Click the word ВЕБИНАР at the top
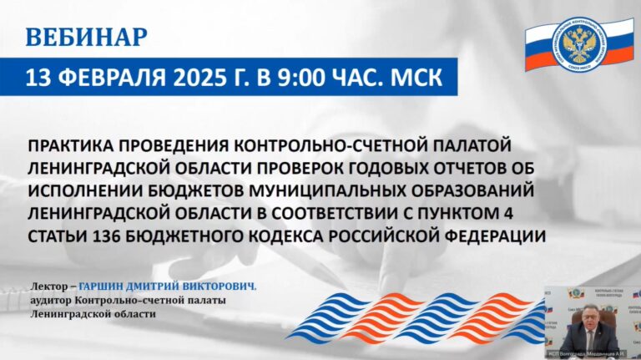[x=87, y=38]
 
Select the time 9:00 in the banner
[x=311, y=79]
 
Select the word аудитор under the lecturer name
[x=49, y=301]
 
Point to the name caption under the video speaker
[x=592, y=355]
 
